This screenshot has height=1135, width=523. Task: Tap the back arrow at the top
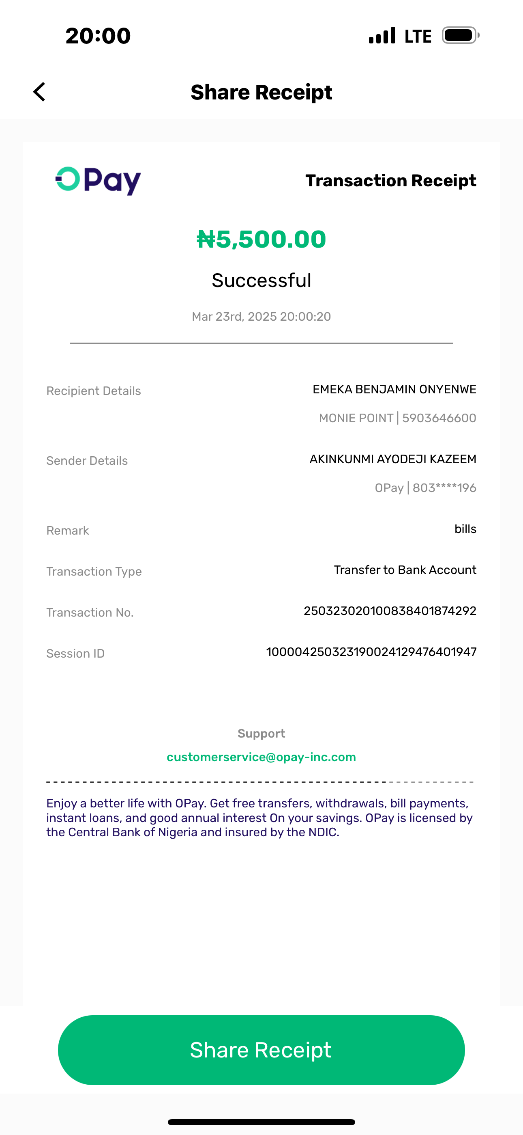tap(40, 92)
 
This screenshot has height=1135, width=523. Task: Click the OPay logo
tap(98, 181)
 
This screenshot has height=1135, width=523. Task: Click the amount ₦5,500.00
tap(261, 239)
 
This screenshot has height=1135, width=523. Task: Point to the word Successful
tap(261, 280)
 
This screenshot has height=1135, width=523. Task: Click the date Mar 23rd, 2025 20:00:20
tap(261, 316)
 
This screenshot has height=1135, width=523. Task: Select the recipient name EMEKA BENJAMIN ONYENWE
tap(394, 389)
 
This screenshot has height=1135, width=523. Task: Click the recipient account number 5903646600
tap(439, 418)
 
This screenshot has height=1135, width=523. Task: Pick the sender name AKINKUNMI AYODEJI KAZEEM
tap(393, 459)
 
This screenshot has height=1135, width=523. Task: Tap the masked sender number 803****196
tap(444, 488)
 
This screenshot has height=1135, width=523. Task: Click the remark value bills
tap(465, 529)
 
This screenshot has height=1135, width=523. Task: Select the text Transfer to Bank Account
tap(405, 570)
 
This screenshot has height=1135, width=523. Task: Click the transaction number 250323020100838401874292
tap(390, 611)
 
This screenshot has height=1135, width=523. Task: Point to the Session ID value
tap(371, 652)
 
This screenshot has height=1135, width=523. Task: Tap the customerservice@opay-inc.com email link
tap(261, 757)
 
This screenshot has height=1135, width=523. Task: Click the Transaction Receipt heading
tap(390, 181)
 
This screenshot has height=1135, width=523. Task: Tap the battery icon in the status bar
tap(460, 35)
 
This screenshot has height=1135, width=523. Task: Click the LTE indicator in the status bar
tap(418, 36)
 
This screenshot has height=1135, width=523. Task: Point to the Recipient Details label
tap(93, 391)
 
